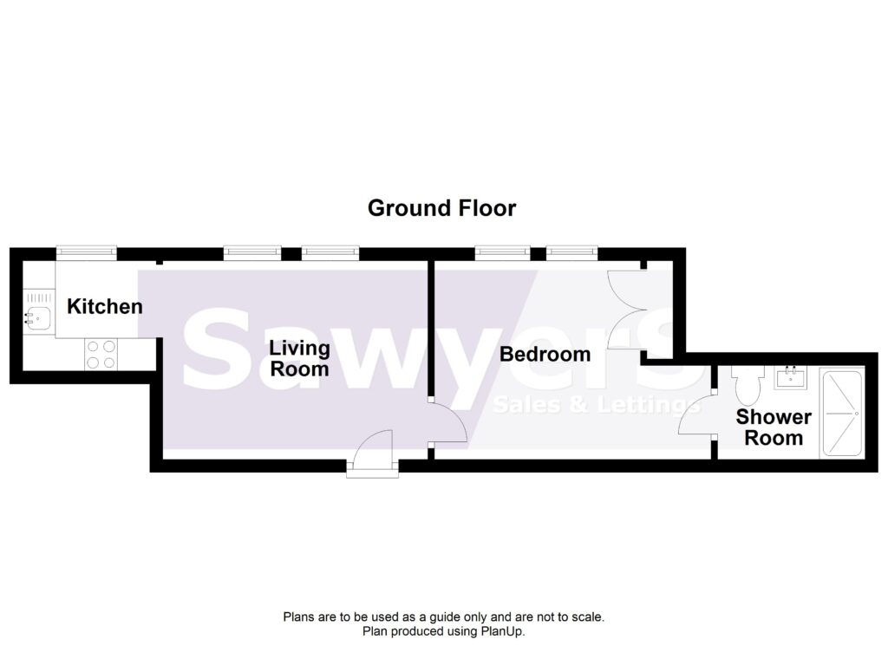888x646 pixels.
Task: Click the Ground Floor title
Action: coord(441,208)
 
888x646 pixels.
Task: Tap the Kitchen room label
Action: coord(105,306)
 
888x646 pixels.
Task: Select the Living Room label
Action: coord(299,358)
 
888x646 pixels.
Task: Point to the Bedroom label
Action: coord(545,355)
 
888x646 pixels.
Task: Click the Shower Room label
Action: coord(774,427)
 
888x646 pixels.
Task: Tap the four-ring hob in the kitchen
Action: coord(101,354)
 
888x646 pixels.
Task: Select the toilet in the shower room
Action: coord(747,384)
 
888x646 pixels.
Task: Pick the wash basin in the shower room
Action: coord(791,378)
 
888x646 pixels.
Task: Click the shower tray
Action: coord(841,413)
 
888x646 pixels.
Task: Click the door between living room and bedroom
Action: coord(447,421)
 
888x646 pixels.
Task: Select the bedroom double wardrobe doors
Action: coord(626,310)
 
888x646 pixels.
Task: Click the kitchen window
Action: coord(87,253)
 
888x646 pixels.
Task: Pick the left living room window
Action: coord(252,253)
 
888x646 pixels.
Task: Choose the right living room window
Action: coord(330,253)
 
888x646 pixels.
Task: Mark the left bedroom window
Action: coord(502,253)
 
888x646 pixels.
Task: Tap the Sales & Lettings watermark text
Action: coord(596,405)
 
